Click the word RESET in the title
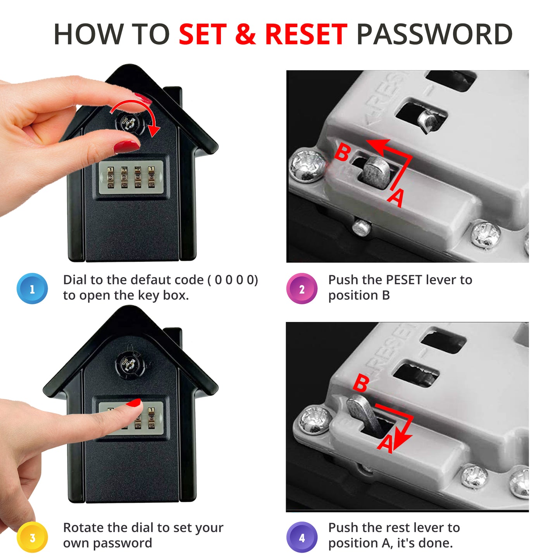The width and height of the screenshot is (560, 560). pos(306,34)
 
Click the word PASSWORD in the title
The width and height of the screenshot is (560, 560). pos(434,34)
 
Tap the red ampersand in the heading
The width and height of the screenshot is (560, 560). pos(245,34)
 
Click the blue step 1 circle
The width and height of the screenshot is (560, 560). pos(32,289)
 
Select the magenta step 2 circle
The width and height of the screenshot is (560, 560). pos(302,289)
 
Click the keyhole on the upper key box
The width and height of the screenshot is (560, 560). pos(130,123)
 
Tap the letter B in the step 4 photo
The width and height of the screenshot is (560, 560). pos(361,383)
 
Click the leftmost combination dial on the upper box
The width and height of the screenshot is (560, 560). pos(110,177)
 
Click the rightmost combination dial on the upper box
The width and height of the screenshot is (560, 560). pos(151,177)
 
